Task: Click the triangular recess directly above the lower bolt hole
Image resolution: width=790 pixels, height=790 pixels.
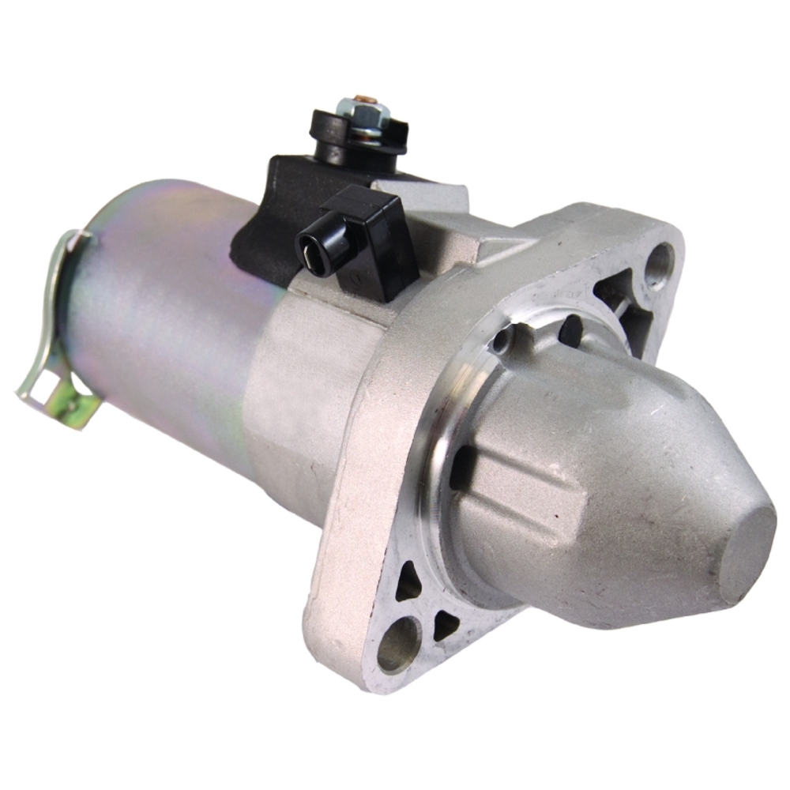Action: coord(407,585)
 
